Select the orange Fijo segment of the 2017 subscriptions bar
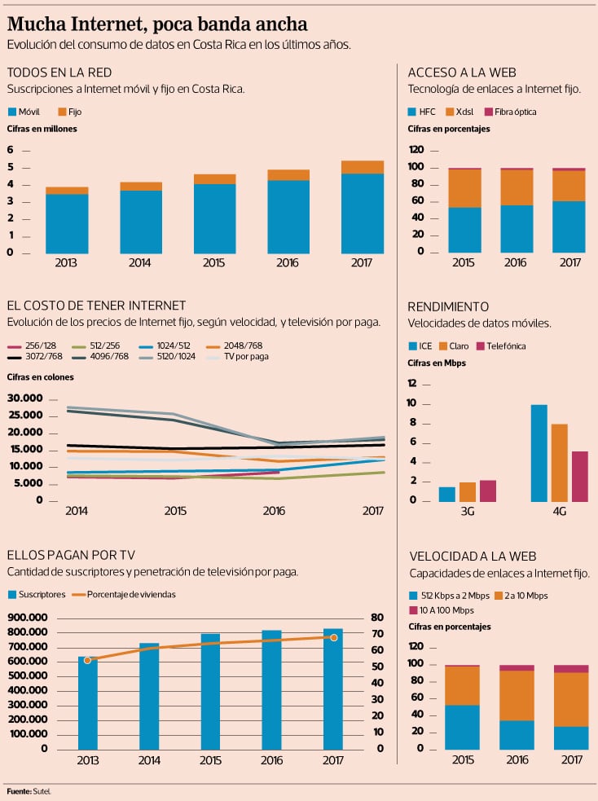tap(363, 167)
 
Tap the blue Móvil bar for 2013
tap(67, 223)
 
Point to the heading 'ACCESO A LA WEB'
tap(461, 73)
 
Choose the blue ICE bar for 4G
tap(539, 452)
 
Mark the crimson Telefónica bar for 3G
tap(488, 490)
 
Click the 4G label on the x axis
tap(558, 511)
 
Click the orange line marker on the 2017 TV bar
tap(333, 637)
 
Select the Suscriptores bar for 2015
tap(211, 691)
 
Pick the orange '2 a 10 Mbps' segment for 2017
tap(570, 699)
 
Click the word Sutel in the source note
tap(46, 791)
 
